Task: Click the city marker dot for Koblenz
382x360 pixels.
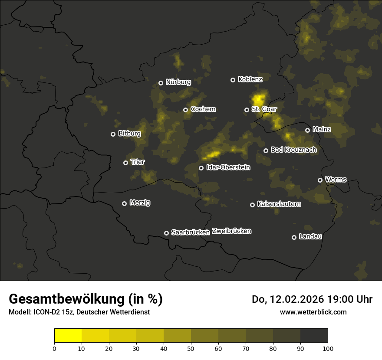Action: pyautogui.click(x=233, y=80)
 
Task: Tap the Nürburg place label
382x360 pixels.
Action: pyautogui.click(x=178, y=82)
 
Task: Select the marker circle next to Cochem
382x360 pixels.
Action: pyautogui.click(x=185, y=110)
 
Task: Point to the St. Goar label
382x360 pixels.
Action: pyautogui.click(x=264, y=109)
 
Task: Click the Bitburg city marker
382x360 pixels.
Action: pyautogui.click(x=113, y=134)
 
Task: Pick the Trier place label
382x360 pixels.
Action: pyautogui.click(x=138, y=162)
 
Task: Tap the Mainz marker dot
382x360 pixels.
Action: pyautogui.click(x=307, y=130)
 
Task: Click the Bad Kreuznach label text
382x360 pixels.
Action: pyautogui.click(x=293, y=150)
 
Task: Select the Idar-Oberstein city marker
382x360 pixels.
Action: pyautogui.click(x=201, y=168)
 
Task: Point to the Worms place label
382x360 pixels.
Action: pyautogui.click(x=336, y=180)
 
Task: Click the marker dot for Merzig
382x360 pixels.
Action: pyautogui.click(x=124, y=203)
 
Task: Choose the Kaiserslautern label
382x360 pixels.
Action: pyautogui.click(x=279, y=204)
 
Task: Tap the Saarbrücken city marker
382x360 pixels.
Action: pyautogui.click(x=166, y=233)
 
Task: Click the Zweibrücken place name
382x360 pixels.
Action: pyautogui.click(x=231, y=231)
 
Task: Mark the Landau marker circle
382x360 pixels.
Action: pyautogui.click(x=294, y=237)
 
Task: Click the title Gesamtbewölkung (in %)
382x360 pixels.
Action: pyautogui.click(x=86, y=299)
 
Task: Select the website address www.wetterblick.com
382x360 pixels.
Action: pyautogui.click(x=313, y=312)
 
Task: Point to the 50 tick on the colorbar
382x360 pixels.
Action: pyautogui.click(x=191, y=348)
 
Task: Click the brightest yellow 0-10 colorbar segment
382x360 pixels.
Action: pyautogui.click(x=68, y=335)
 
